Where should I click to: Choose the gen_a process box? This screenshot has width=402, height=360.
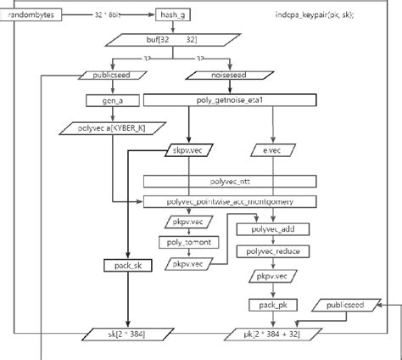[x=101, y=100]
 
